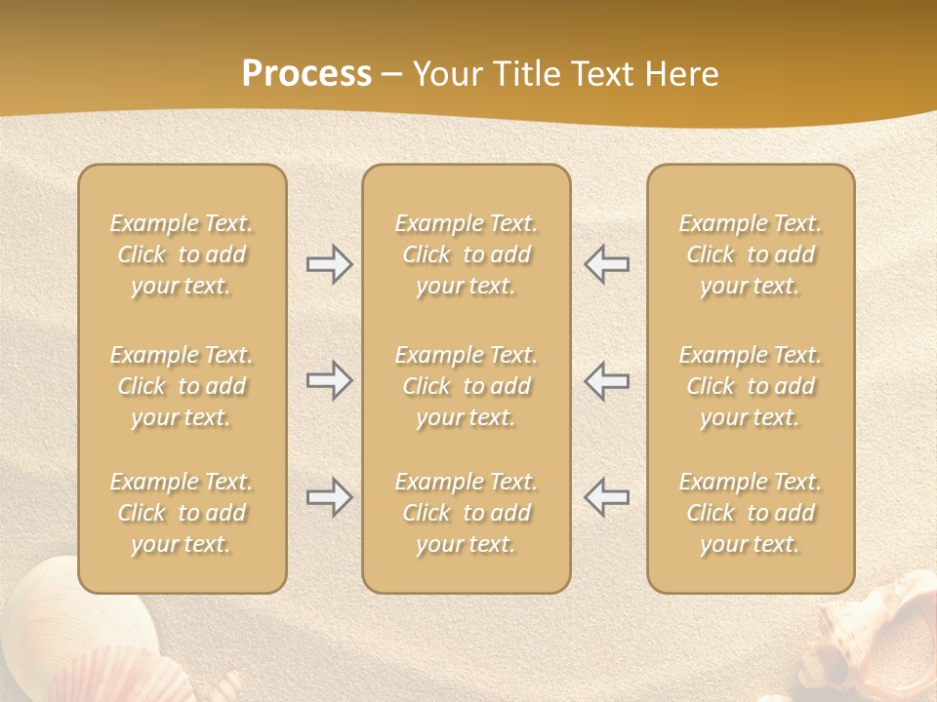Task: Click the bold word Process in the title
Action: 306,74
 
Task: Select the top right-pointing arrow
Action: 329,264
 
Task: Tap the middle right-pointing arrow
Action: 329,380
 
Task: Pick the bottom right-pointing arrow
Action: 329,497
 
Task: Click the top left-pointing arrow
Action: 606,264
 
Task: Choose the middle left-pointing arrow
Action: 606,380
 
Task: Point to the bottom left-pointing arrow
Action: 606,497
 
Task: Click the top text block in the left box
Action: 182,254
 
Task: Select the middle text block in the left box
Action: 182,386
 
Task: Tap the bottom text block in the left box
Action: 182,513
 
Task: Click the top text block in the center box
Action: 467,254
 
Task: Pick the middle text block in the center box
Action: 467,386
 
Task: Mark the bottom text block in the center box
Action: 467,513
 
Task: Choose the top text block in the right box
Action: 751,254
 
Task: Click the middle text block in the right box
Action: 751,386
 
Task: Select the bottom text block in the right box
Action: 751,513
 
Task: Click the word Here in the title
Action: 684,74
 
